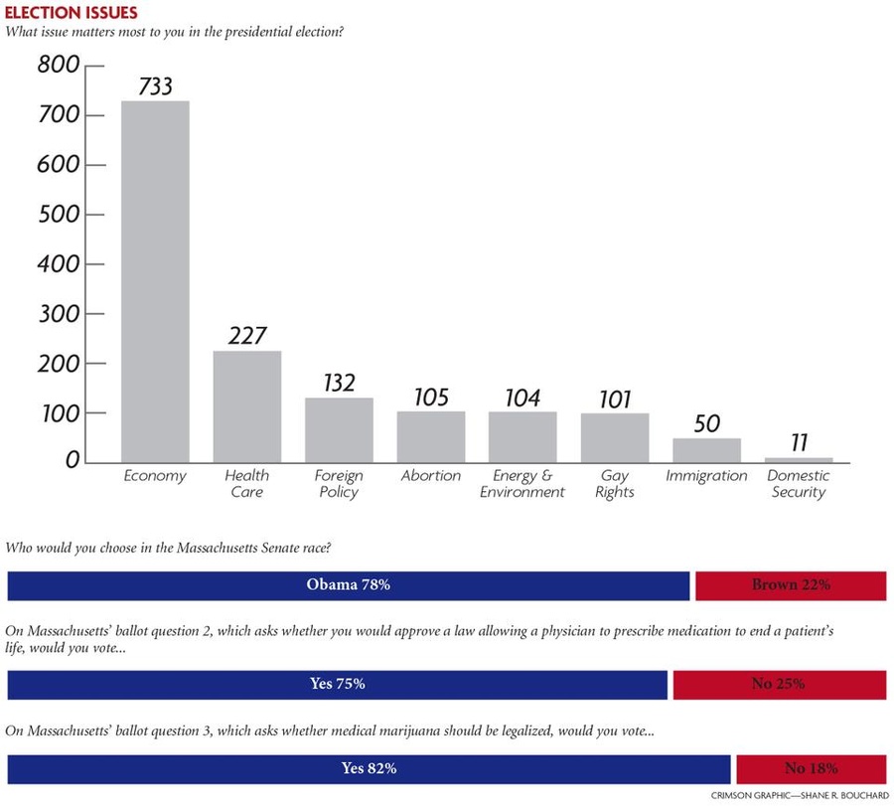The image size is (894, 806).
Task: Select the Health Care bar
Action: coord(247,406)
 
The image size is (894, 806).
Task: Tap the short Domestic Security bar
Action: coord(799,459)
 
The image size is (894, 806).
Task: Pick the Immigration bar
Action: coord(706,450)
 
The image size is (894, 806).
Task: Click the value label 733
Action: coord(155,85)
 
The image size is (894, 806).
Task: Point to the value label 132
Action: coord(339,383)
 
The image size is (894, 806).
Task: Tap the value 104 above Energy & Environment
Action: coord(522,398)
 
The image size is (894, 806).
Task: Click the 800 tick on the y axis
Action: coord(58,67)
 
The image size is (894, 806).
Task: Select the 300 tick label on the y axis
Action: coord(58,314)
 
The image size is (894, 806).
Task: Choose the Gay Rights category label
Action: coord(615,483)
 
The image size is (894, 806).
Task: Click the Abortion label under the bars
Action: coord(430,476)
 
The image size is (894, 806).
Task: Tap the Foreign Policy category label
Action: coord(339,483)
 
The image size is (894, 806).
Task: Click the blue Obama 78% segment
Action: coord(348,585)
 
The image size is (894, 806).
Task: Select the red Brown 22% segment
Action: coord(791,585)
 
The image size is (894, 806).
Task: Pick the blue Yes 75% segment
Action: coord(338,684)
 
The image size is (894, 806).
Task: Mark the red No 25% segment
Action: coord(779,684)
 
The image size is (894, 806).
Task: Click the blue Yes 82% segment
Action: coord(369,768)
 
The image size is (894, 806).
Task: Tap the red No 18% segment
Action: coord(811,768)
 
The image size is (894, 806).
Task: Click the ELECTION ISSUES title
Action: coord(72,13)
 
